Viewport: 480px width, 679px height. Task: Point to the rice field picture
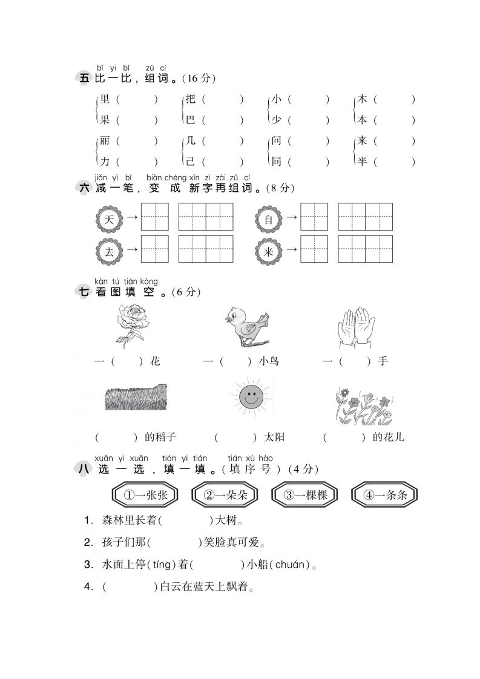coord(136,398)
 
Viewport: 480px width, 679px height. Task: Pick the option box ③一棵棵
coord(305,495)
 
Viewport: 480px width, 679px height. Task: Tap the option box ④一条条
coord(385,495)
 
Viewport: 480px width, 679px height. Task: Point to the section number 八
coord(84,469)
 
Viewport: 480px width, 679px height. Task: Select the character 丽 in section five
coord(105,141)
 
